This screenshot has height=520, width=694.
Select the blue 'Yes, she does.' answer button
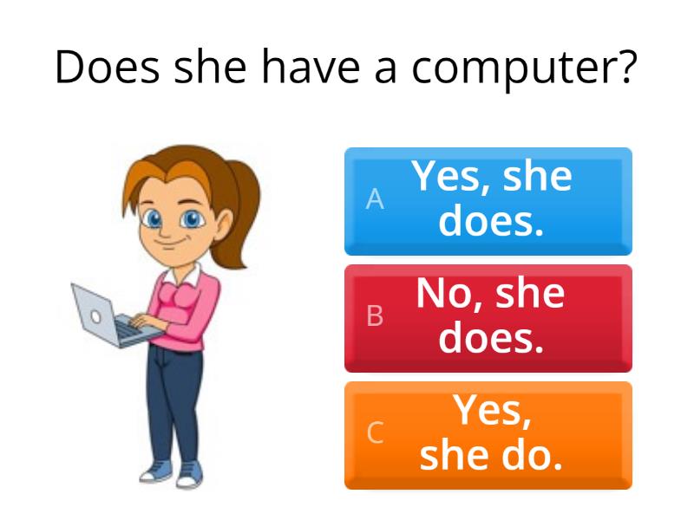click(x=488, y=201)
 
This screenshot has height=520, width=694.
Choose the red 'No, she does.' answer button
click(x=488, y=318)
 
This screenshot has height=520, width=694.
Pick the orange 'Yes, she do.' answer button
click(x=488, y=435)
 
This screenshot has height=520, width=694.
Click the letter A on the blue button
click(x=375, y=200)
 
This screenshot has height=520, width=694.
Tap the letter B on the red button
click(x=375, y=317)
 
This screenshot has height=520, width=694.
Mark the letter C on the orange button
click(x=375, y=433)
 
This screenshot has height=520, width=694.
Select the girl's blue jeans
click(x=178, y=399)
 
